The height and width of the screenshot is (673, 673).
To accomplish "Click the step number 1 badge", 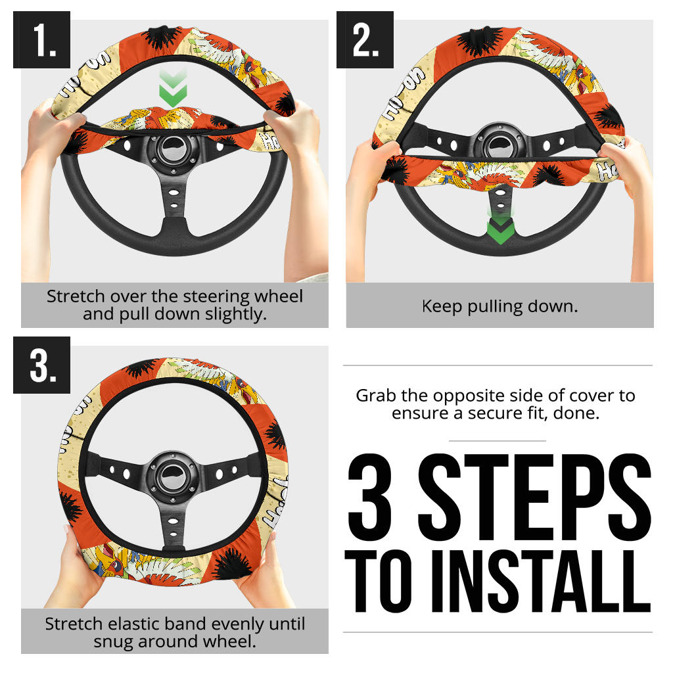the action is point(41,39).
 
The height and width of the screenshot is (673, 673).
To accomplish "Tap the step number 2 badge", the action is point(365,39).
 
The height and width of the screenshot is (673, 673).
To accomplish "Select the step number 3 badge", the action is point(41,365).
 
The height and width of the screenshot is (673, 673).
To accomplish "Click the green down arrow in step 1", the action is point(173,88).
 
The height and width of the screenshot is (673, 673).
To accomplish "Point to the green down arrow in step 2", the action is point(500,227).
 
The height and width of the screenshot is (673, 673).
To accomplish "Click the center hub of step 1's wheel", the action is point(174,150).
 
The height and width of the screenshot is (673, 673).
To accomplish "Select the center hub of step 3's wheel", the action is point(173,476).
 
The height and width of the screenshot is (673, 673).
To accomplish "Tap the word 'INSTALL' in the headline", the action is point(541,581).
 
